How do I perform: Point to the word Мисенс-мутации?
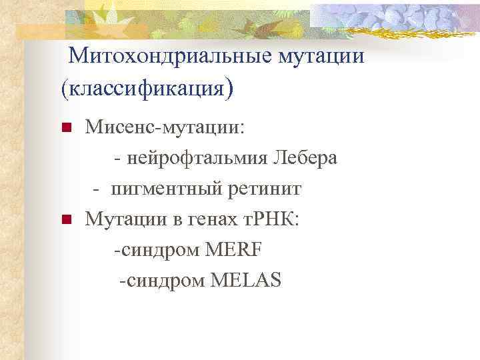tap(165, 128)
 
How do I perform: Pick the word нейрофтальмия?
tap(197, 159)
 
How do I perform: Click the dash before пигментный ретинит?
tap(97, 190)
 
